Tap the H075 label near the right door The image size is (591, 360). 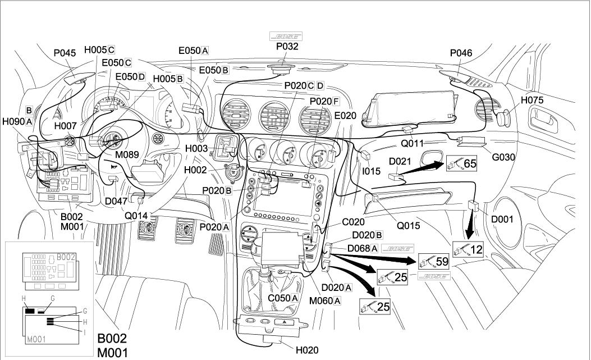pyautogui.click(x=532, y=100)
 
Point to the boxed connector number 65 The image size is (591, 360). pyautogui.click(x=469, y=165)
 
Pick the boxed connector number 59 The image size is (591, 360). pyautogui.click(x=441, y=261)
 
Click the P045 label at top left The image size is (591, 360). pyautogui.click(x=65, y=53)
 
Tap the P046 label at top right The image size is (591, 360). pyautogui.click(x=461, y=53)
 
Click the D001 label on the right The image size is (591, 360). pyautogui.click(x=503, y=219)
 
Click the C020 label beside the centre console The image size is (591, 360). pyautogui.click(x=354, y=222)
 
